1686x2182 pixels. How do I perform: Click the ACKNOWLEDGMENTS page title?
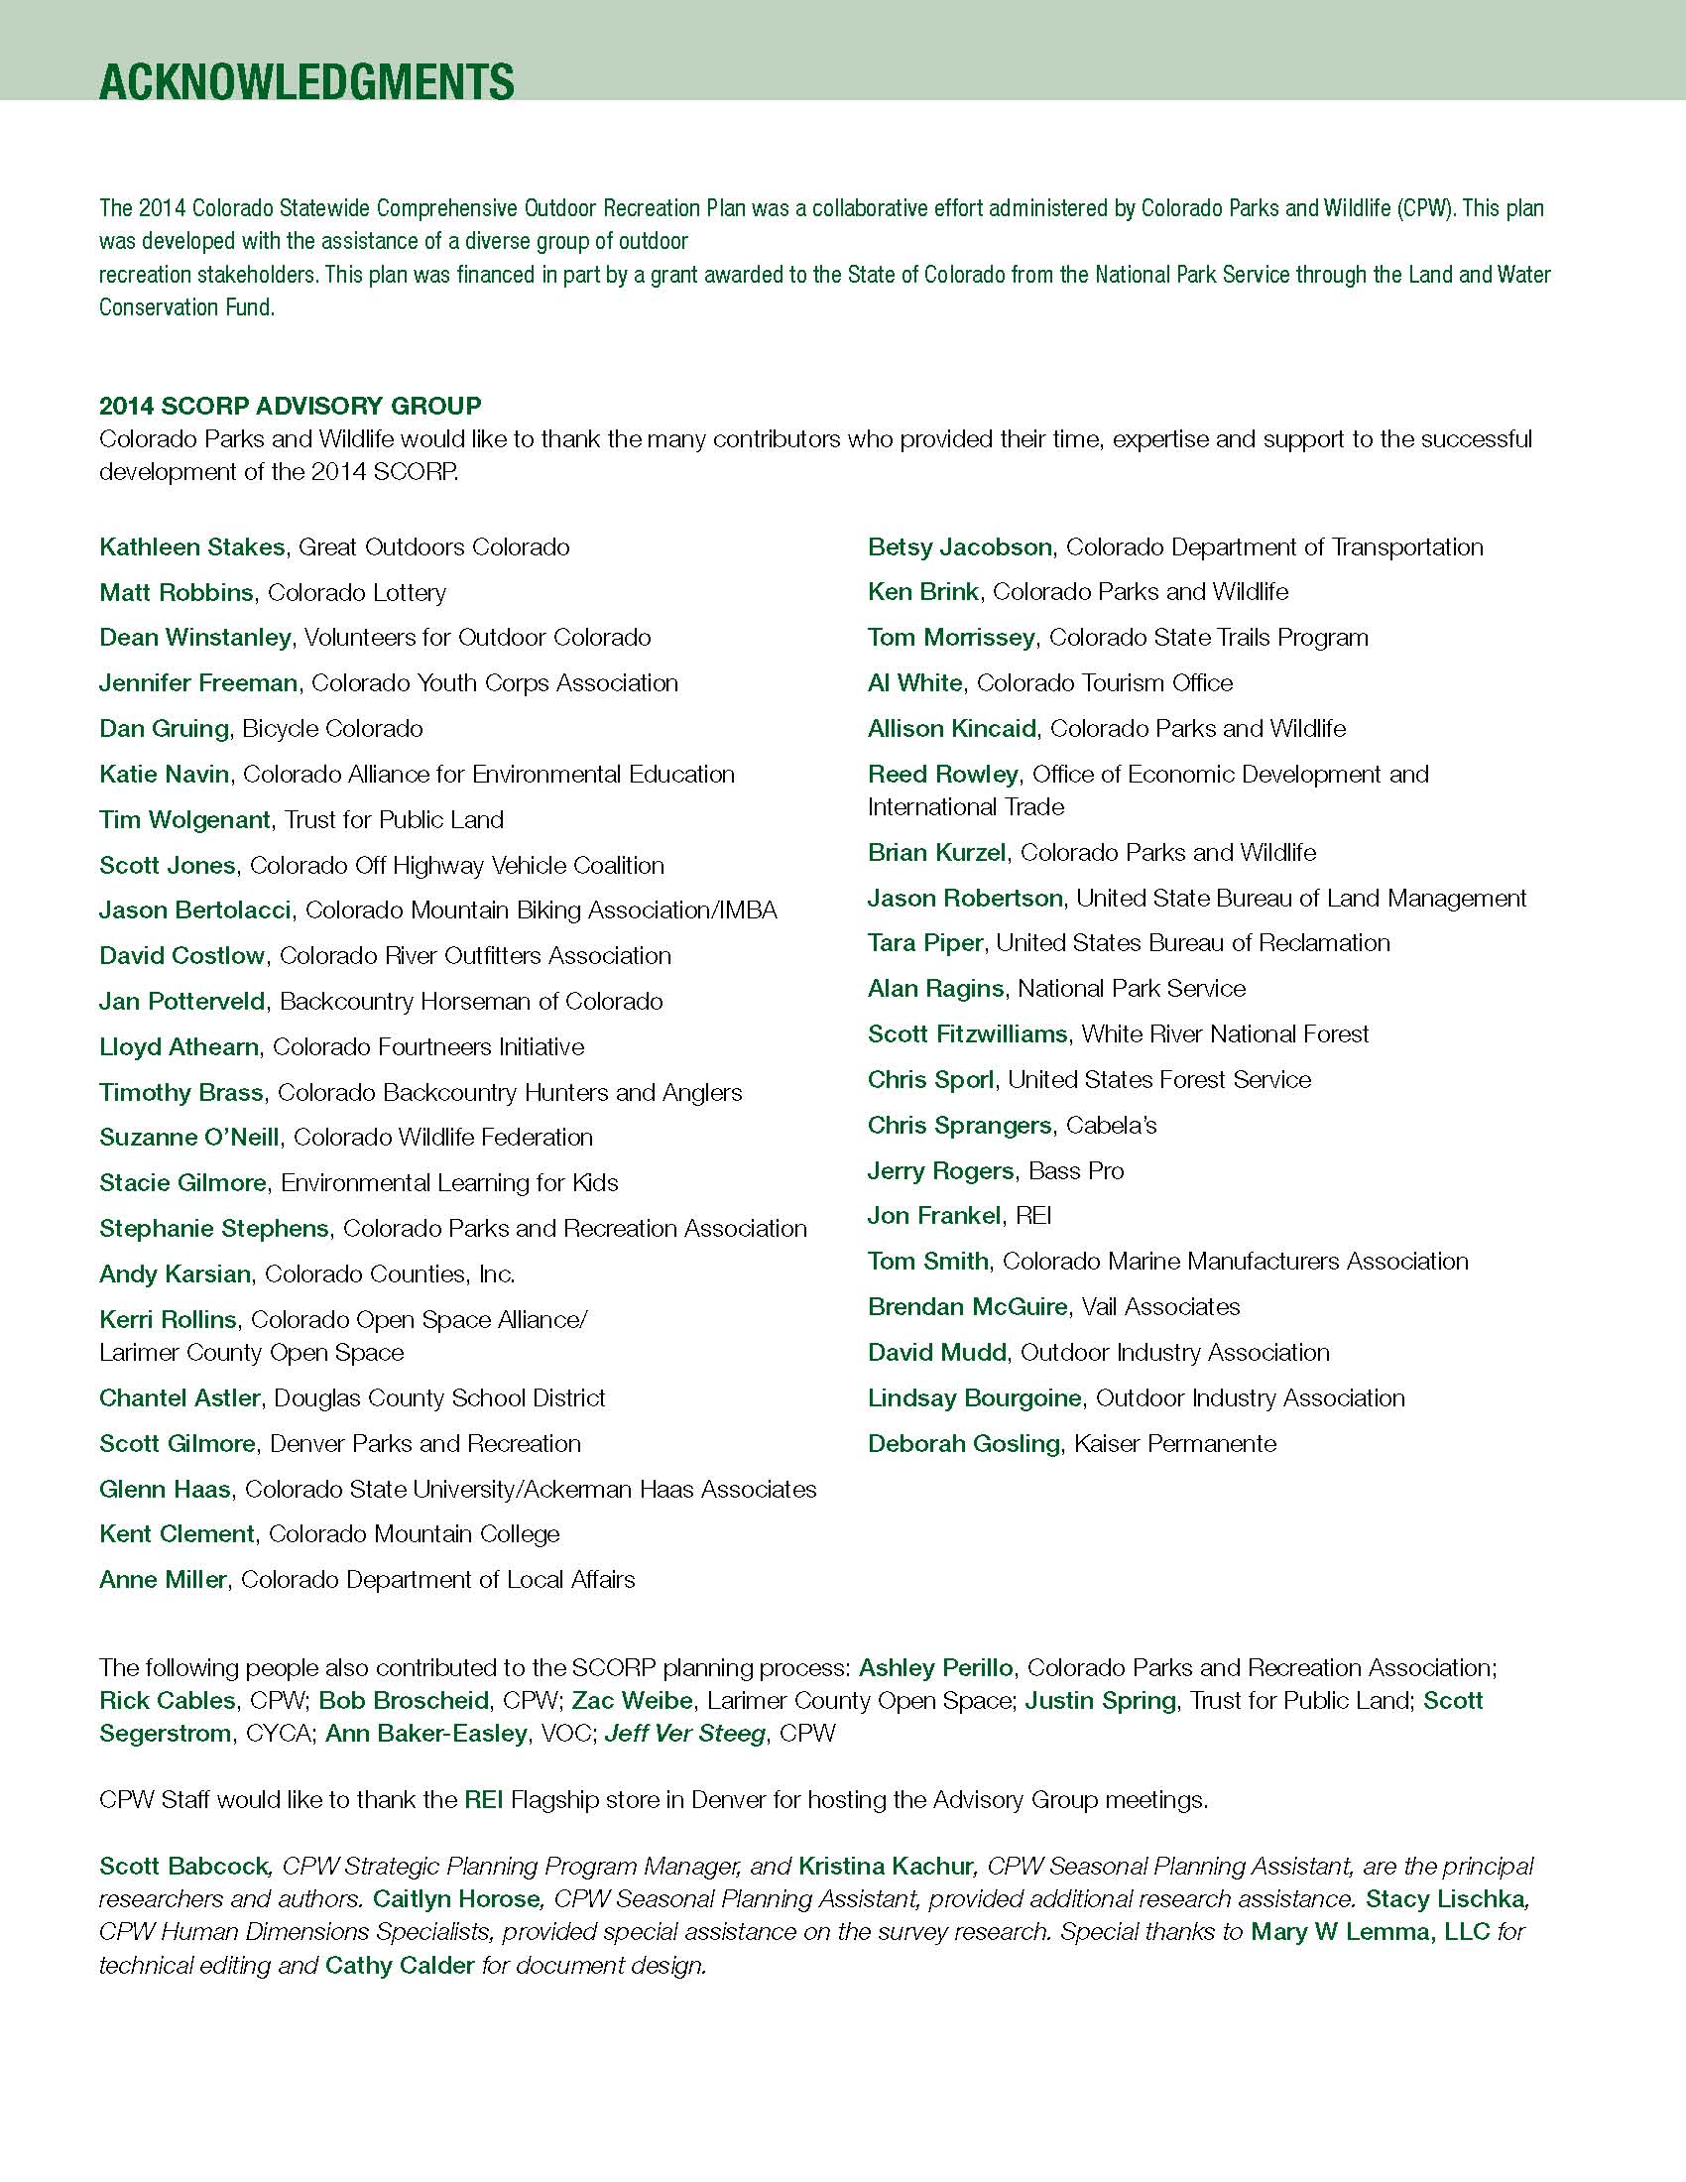point(306,81)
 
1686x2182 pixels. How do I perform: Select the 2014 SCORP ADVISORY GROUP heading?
point(290,406)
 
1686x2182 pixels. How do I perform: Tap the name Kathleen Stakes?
point(191,547)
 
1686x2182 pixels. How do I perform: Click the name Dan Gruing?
point(164,728)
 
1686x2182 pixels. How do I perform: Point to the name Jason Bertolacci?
point(194,910)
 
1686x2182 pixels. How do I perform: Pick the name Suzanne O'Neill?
point(188,1137)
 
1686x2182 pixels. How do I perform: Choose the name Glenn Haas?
point(165,1490)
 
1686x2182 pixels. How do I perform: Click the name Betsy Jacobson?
point(959,547)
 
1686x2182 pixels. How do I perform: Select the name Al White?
point(914,683)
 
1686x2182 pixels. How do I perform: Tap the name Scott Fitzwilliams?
point(967,1034)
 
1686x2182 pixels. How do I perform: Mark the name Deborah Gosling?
point(963,1444)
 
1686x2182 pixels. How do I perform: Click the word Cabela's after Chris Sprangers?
point(1111,1125)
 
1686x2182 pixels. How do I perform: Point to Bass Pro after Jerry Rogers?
point(1076,1171)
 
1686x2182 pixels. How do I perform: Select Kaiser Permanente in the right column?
point(1174,1444)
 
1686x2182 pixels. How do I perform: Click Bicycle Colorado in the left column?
point(332,728)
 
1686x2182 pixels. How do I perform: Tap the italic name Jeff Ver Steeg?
point(684,1734)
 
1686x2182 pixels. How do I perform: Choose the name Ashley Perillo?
point(936,1667)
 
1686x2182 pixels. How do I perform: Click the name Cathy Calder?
point(400,1965)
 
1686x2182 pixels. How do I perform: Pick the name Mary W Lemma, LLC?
point(1370,1932)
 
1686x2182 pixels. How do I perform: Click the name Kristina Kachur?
point(885,1867)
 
